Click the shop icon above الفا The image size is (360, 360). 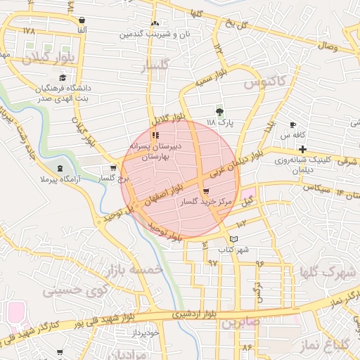coord(82,20)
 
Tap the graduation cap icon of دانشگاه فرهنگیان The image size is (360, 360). coord(63,77)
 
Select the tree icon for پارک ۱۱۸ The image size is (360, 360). coord(220,111)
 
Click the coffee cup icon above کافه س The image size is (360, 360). coord(292,124)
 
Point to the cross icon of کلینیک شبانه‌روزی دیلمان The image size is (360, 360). coord(302,149)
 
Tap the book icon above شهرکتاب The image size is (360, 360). coord(233,240)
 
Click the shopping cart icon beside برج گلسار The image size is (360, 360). coord(112,168)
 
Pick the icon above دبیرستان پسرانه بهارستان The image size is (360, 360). coord(155,134)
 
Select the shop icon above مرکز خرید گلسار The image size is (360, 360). coord(205,191)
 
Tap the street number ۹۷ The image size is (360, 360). coord(213,262)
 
